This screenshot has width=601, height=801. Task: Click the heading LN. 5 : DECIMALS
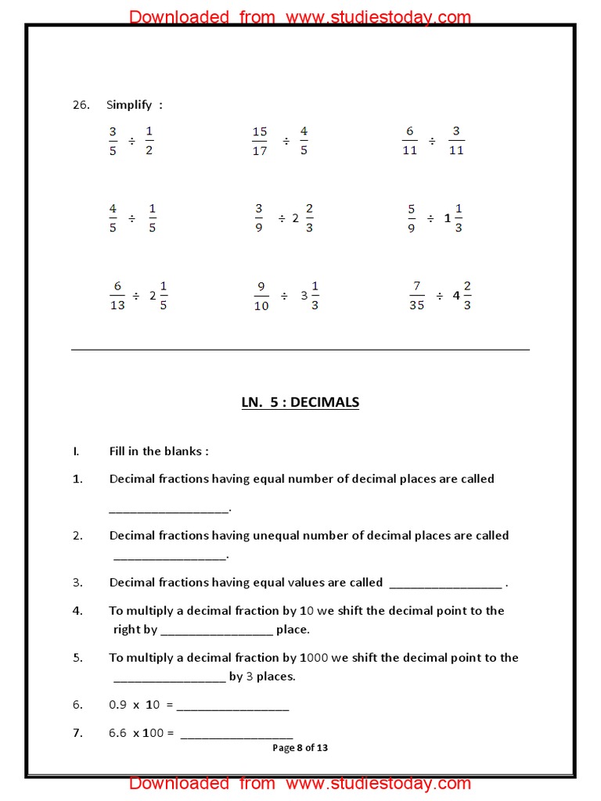coord(300,403)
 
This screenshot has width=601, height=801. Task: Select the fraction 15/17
coord(260,141)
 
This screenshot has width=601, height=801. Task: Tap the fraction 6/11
coord(409,141)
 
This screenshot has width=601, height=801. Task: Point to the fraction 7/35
coord(416,296)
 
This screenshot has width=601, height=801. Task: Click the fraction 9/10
coord(261,296)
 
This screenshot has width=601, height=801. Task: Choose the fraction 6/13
coord(117,296)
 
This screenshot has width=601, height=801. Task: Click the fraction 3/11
coord(456,141)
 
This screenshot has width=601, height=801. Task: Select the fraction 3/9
coord(259,218)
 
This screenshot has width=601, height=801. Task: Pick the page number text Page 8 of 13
coord(300,748)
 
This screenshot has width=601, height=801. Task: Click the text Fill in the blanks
coord(159,451)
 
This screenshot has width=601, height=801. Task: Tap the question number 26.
coord(81,105)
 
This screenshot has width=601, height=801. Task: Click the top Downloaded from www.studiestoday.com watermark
coord(300,16)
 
